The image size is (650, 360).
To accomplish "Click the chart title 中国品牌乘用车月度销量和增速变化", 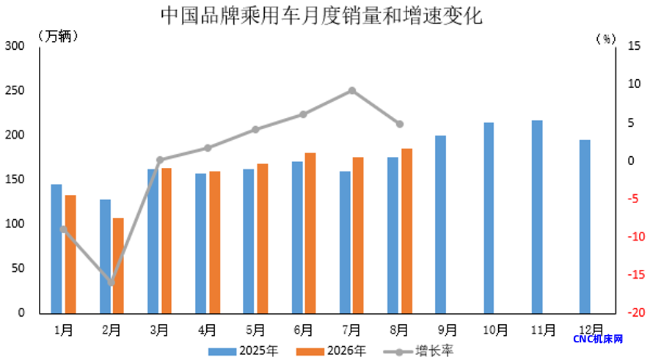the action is click(321, 15).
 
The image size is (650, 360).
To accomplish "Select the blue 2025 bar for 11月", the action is click(537, 217).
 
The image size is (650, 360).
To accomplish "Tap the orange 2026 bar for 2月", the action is click(118, 265).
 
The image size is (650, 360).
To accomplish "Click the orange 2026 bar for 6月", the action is click(310, 233).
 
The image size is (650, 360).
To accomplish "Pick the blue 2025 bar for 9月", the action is click(441, 224).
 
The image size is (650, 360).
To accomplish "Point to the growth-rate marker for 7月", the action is click(352, 91).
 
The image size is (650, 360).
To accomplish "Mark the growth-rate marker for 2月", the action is click(111, 282).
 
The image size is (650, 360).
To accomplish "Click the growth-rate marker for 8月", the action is click(400, 124).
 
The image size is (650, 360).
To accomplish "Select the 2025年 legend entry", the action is click(244, 351).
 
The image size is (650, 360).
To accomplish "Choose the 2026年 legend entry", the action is click(331, 351).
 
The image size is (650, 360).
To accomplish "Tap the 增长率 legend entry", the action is click(419, 351).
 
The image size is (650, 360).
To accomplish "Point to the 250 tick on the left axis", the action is click(15, 90).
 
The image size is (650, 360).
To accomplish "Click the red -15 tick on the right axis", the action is click(636, 274).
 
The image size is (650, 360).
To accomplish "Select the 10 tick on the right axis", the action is click(635, 84).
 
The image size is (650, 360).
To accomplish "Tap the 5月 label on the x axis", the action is click(255, 330).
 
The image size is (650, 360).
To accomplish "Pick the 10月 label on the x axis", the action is click(495, 330).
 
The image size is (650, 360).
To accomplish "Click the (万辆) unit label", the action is click(58, 36).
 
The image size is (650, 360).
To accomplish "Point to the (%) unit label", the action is click(606, 39).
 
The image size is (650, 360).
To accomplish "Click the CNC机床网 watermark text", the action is click(598, 339).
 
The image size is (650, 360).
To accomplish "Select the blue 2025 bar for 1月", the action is click(56, 249).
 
